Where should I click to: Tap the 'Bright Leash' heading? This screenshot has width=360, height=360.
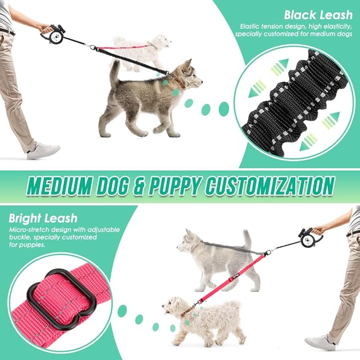(43, 218)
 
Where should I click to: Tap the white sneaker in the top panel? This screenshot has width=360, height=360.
(43, 150)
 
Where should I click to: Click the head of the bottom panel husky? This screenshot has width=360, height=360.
(189, 243)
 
